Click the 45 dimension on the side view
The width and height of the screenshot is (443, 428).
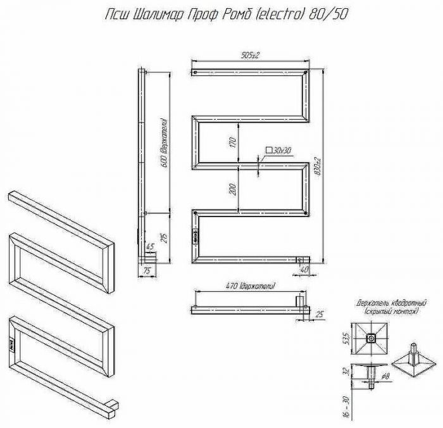pyautogui.click(x=150, y=246)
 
